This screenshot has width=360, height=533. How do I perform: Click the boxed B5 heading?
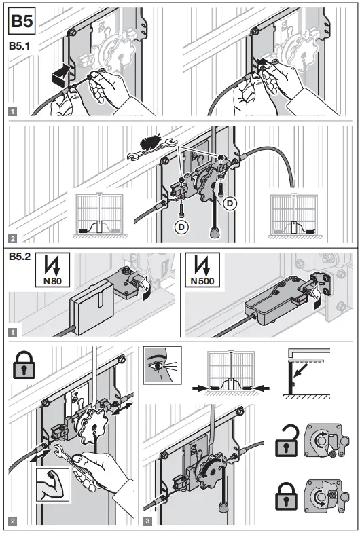point(20,22)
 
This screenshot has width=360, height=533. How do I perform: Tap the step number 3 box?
point(149,520)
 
